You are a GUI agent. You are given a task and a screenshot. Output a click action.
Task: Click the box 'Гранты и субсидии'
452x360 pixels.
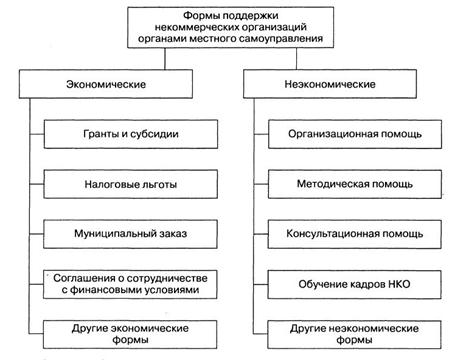point(131,134)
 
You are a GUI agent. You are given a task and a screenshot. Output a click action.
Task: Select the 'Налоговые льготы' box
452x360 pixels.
point(131,184)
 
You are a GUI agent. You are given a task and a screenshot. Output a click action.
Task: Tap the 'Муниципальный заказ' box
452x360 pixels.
point(130,234)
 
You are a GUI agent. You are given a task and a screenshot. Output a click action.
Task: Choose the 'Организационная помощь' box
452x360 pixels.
point(355,134)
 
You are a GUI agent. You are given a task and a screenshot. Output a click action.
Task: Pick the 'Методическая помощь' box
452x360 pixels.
point(355,184)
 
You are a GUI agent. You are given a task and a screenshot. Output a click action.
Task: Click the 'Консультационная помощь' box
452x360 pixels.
point(355,234)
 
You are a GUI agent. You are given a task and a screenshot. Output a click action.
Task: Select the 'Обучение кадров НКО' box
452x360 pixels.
point(355,284)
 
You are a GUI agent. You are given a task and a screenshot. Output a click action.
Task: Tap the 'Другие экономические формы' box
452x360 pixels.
point(130,334)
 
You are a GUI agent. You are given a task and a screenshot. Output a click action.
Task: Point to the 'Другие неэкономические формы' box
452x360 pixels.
point(355,334)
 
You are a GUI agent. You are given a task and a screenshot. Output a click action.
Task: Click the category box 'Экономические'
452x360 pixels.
point(106,84)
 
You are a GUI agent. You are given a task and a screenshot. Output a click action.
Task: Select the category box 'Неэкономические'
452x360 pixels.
point(330,84)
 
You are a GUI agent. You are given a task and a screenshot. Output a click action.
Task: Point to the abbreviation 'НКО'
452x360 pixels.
point(399,284)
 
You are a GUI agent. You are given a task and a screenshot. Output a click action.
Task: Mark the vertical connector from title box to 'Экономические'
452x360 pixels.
point(165,59)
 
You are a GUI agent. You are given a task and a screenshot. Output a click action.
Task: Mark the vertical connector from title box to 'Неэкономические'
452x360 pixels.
point(296,59)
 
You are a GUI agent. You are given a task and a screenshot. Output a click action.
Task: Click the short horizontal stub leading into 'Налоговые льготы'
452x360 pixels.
point(37,184)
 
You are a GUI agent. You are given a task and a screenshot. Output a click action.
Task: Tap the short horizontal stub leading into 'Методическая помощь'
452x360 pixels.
point(261,184)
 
